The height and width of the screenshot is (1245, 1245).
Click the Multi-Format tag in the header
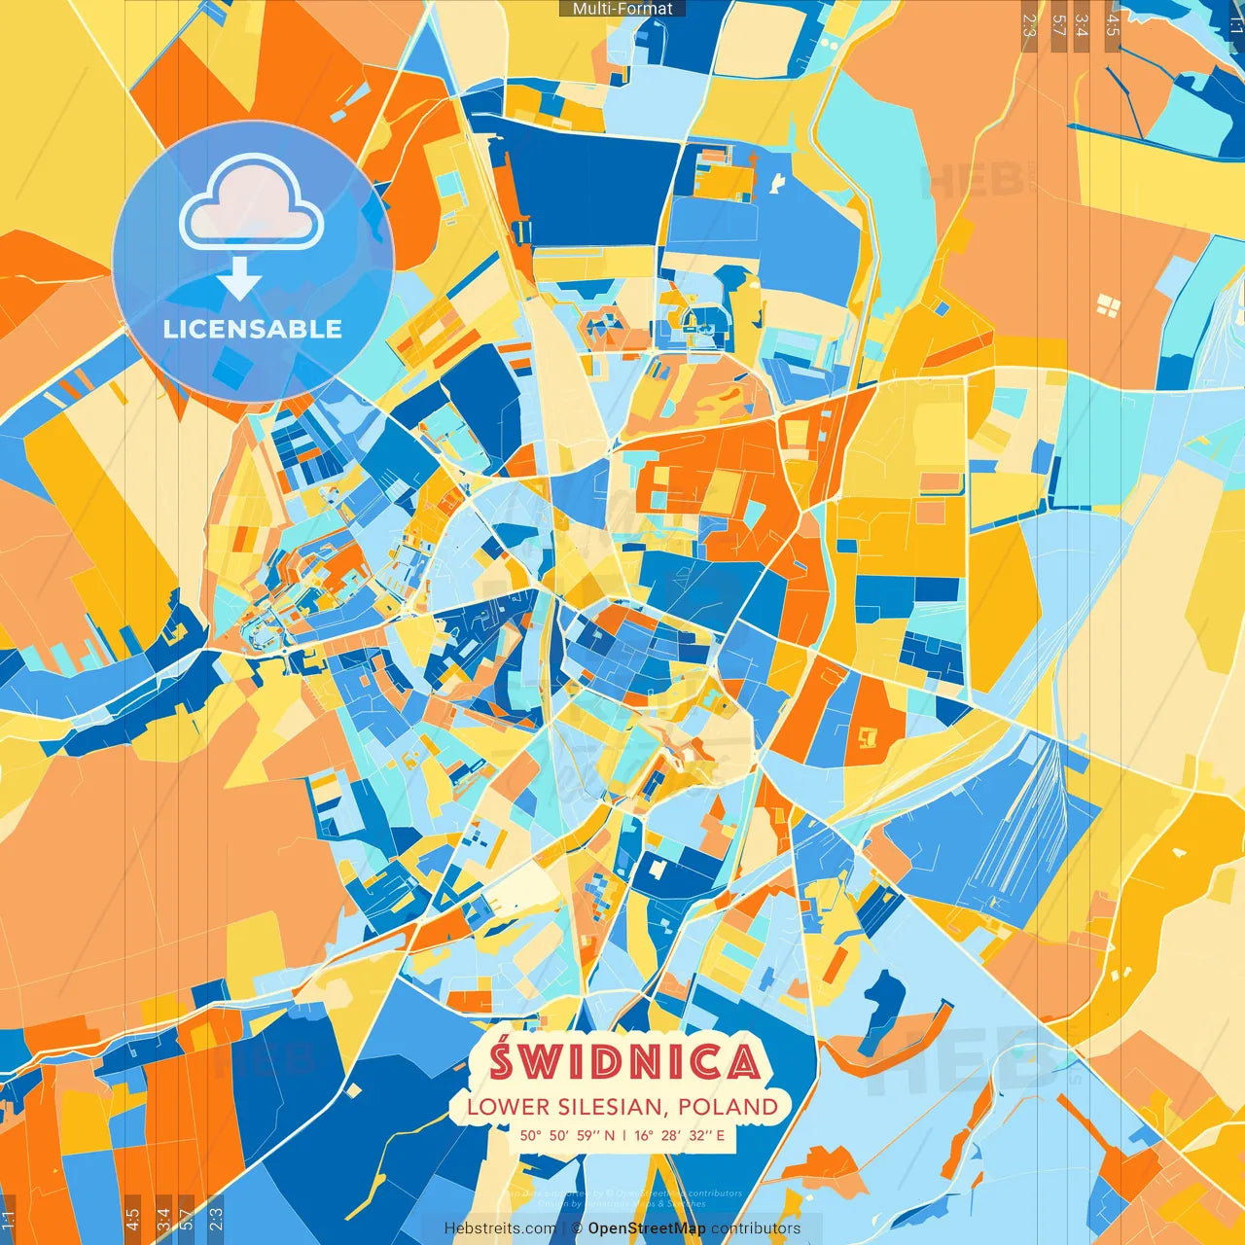622,9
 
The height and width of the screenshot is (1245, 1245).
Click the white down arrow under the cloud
239,280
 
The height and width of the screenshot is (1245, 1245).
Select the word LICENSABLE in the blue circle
253,329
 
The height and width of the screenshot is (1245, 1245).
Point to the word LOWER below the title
507,1107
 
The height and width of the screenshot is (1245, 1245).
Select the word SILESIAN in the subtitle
612,1107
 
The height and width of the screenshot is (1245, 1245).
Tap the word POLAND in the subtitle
729,1107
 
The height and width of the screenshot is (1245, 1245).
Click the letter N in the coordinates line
609,1135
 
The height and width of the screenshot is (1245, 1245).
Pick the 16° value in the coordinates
645,1135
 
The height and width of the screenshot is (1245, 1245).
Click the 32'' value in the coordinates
698,1135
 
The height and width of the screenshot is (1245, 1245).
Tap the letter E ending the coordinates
720,1135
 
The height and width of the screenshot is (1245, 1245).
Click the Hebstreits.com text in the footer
500,1228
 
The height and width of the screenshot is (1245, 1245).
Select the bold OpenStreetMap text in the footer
647,1228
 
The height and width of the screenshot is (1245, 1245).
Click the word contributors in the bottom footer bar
756,1228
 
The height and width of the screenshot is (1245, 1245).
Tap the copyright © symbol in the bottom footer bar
577,1228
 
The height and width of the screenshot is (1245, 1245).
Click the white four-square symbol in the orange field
1108,307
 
